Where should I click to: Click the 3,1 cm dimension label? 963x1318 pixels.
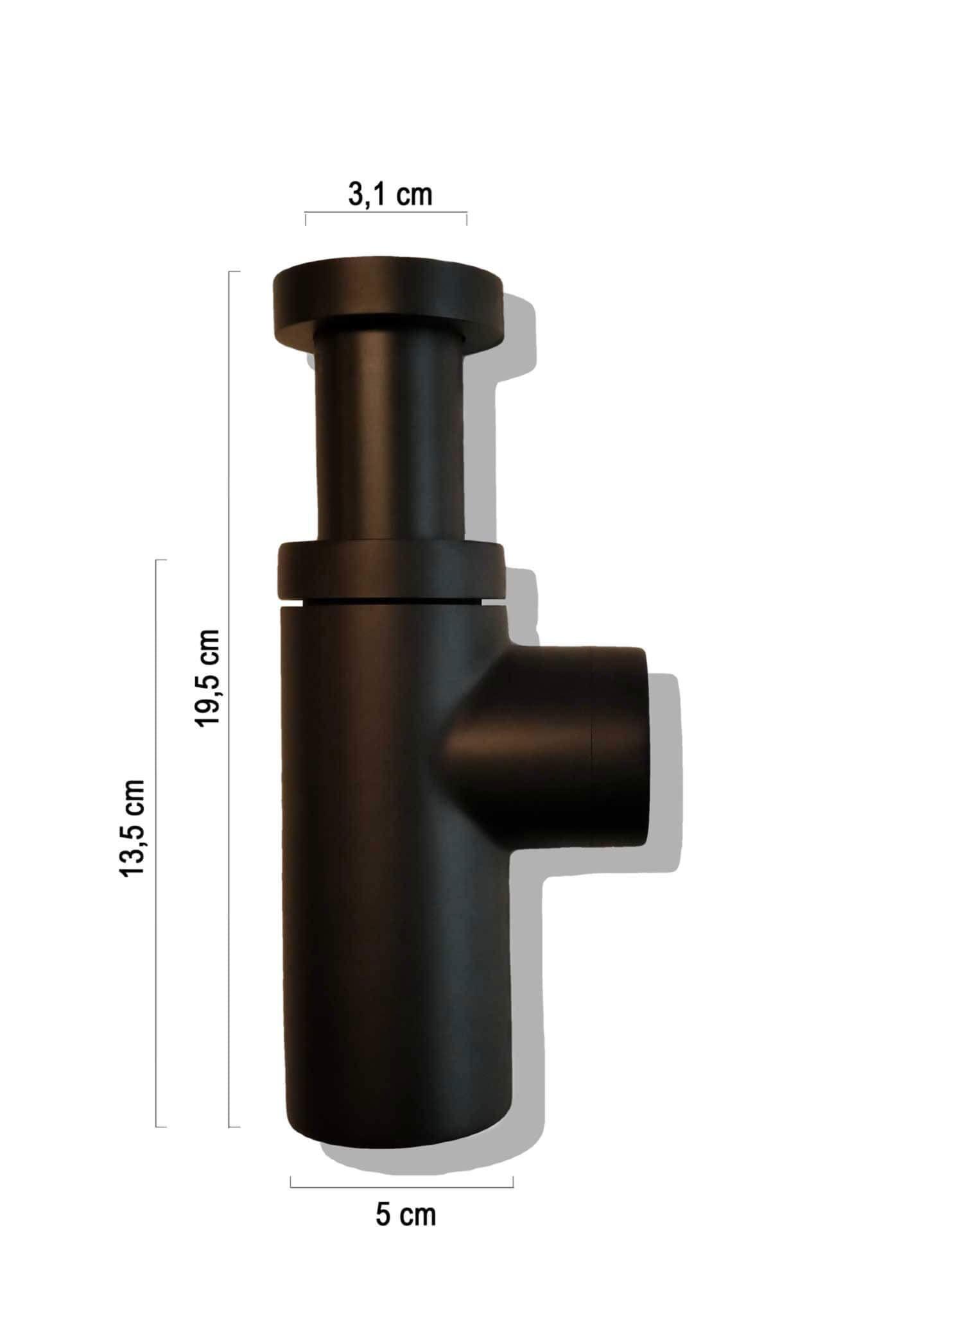pos(390,194)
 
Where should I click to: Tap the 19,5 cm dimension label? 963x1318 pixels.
pos(209,678)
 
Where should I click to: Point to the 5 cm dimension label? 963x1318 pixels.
pos(405,1215)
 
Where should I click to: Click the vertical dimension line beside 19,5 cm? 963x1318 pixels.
pos(230,706)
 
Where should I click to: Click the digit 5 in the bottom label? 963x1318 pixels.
pos(383,1215)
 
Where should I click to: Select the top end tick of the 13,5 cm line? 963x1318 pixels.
pos(161,560)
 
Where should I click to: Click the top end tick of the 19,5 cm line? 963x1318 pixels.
pos(235,272)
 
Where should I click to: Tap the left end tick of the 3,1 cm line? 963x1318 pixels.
pos(306,218)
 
